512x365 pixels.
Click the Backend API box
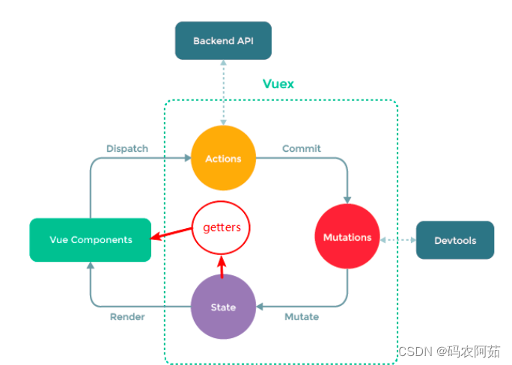point(222,40)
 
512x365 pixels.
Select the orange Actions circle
point(223,158)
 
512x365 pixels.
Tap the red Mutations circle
point(347,237)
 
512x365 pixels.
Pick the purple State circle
point(223,307)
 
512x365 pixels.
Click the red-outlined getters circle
point(222,227)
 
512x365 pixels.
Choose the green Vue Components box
point(91,239)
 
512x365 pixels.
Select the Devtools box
point(454,240)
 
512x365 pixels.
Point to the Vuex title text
point(278,84)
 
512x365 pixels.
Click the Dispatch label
point(127,148)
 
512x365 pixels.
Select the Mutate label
point(302,316)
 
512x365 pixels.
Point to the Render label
point(127,316)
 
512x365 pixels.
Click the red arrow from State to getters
point(222,266)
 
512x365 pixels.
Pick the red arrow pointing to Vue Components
point(173,235)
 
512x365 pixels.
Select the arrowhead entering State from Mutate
point(260,307)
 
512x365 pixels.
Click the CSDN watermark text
point(448,351)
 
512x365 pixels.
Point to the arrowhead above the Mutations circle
point(347,198)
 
